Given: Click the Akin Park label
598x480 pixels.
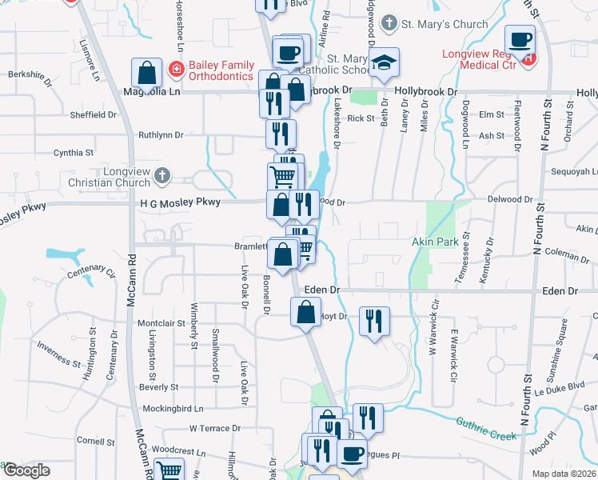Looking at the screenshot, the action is click(x=433, y=241).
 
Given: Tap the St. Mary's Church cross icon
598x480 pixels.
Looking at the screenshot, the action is click(x=389, y=23).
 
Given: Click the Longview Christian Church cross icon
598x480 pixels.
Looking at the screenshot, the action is click(x=162, y=175).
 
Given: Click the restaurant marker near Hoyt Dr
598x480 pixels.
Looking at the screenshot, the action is click(x=374, y=321).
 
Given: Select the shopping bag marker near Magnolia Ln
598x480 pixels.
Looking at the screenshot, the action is click(x=148, y=74).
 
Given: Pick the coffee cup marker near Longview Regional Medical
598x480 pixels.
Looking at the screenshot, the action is click(x=520, y=38).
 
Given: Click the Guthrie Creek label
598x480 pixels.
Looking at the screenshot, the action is click(x=484, y=430).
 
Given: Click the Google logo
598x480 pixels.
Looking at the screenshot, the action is click(x=26, y=470).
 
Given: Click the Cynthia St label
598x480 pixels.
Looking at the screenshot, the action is click(x=73, y=152).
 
